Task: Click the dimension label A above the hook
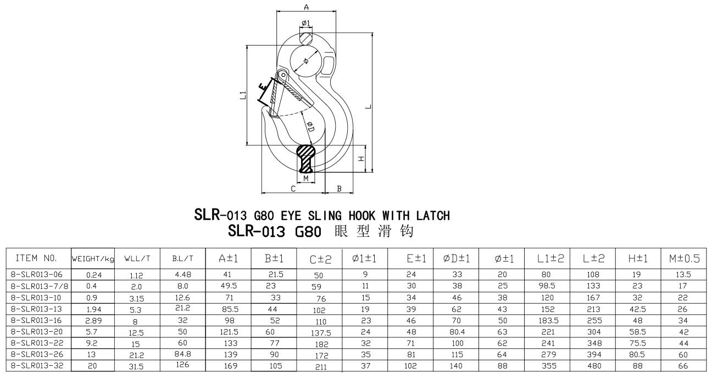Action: tap(307, 7)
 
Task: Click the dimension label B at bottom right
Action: tap(339, 189)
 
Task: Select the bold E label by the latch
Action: tap(265, 88)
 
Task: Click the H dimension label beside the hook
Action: tap(361, 158)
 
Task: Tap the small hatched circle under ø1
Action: tap(307, 38)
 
